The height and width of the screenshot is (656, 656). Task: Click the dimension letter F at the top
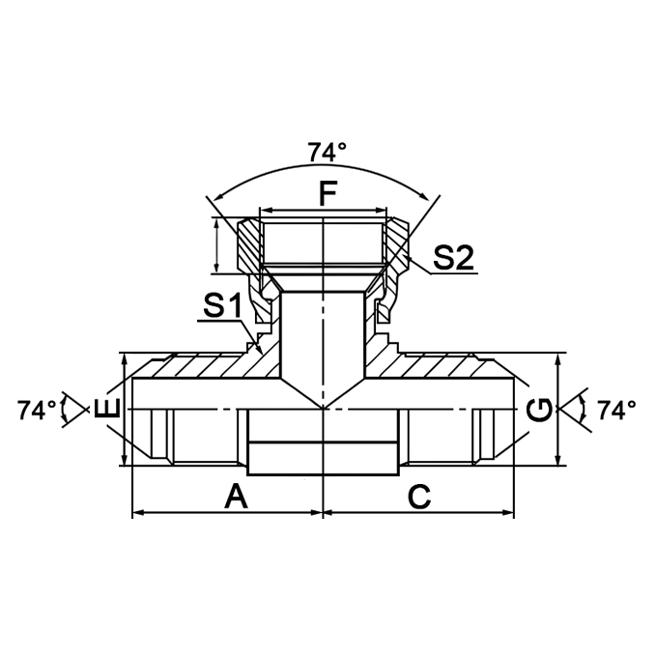pyautogui.click(x=328, y=192)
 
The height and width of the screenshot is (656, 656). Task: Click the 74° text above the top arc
pyautogui.click(x=327, y=153)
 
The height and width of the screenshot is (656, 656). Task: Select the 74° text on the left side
pyautogui.click(x=37, y=411)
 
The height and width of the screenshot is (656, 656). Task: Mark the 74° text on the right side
pyautogui.click(x=616, y=411)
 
